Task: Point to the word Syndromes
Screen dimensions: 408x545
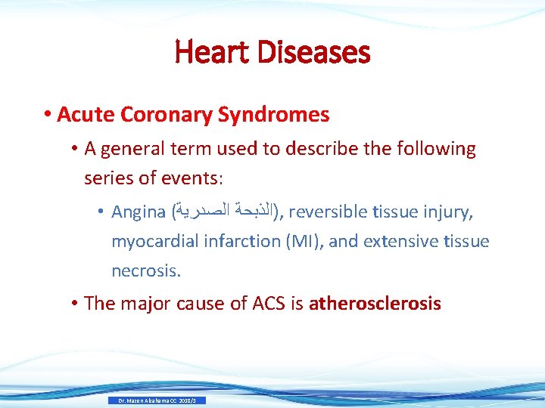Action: (273, 115)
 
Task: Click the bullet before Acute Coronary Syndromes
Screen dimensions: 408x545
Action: (48, 115)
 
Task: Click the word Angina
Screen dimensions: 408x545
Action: (139, 213)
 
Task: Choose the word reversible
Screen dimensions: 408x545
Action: (329, 213)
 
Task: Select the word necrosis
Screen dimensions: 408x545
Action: (145, 270)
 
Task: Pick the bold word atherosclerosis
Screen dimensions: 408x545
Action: (375, 304)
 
